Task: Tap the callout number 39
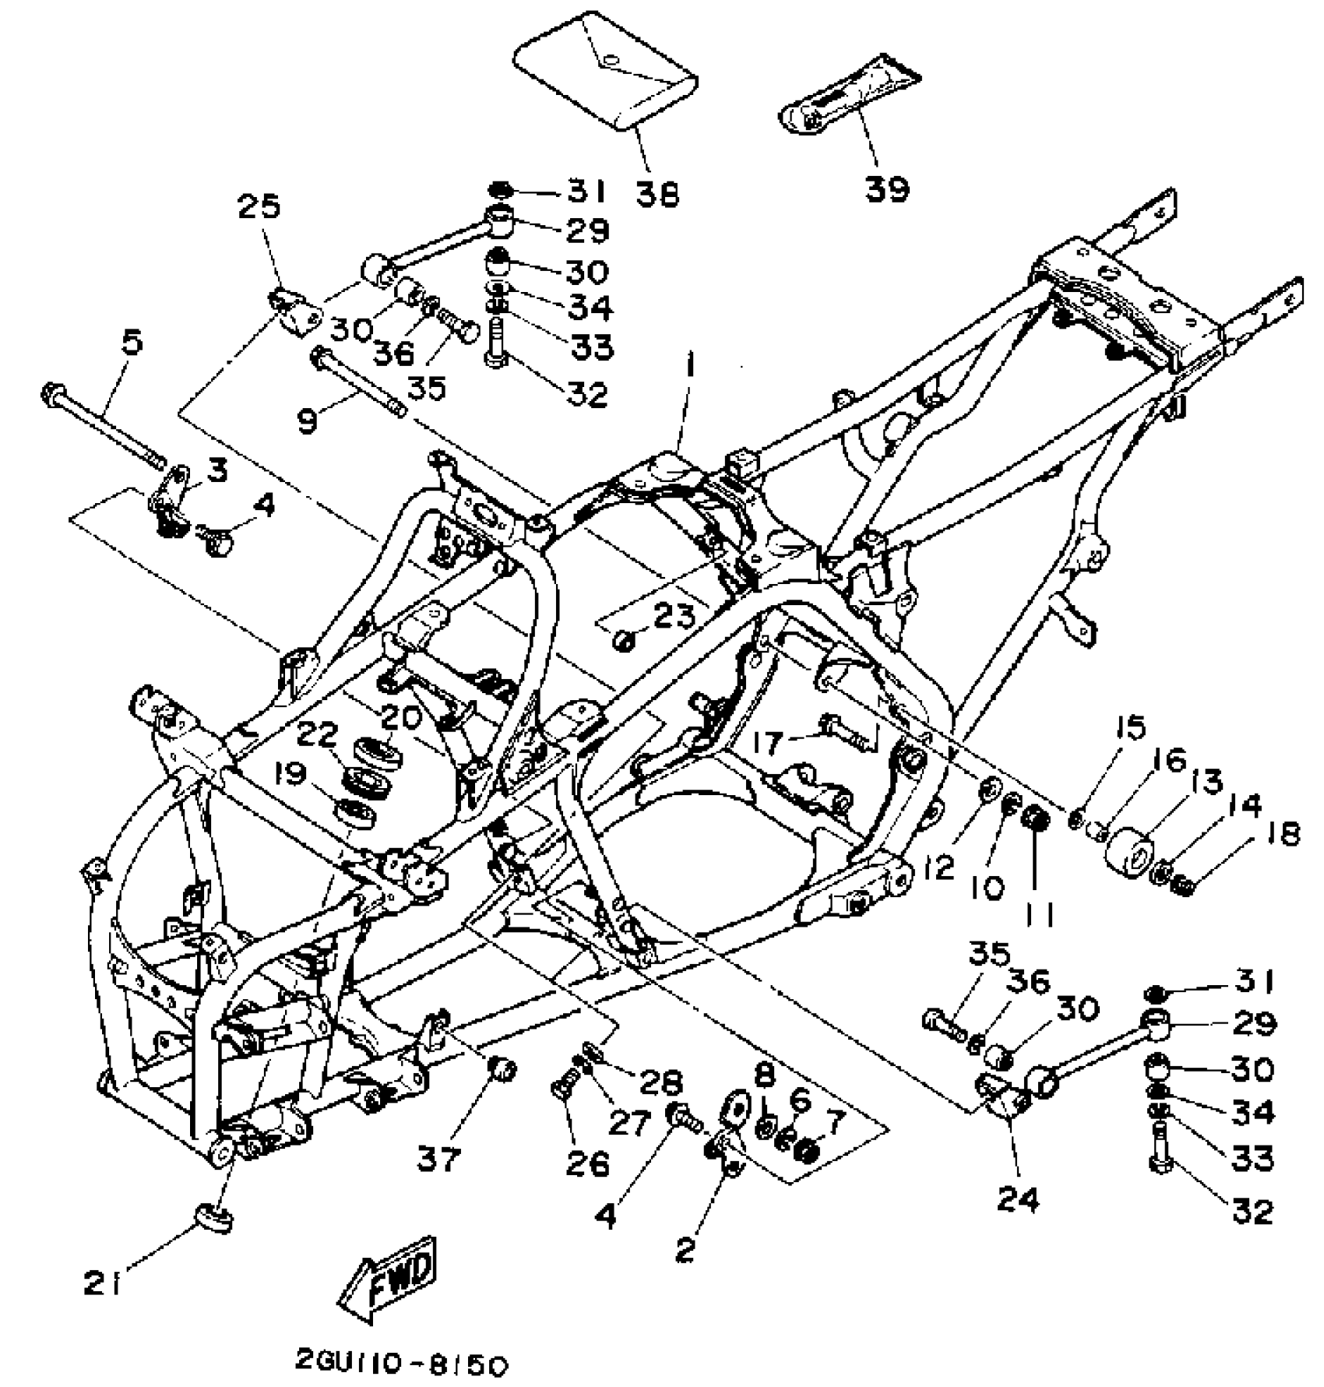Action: pos(887,188)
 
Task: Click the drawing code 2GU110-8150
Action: pos(402,1364)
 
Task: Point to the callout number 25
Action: pos(259,208)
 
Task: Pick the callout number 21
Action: pos(102,1283)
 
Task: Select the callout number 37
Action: pos(438,1158)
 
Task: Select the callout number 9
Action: pos(308,421)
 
